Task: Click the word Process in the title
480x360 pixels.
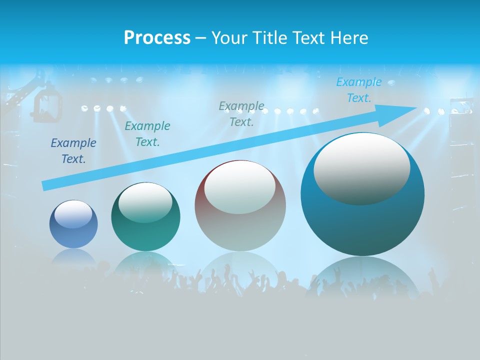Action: point(157,38)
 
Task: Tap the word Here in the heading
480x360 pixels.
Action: point(349,38)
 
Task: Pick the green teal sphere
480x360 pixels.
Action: point(145,217)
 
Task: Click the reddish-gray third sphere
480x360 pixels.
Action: point(240,206)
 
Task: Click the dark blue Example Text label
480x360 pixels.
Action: point(73,151)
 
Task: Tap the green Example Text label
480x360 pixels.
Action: point(147,134)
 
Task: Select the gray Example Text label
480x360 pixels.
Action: point(241,114)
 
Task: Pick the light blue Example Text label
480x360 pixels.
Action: point(358,90)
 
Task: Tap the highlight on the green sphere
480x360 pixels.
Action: point(145,201)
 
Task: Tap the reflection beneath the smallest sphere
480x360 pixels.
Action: point(73,256)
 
